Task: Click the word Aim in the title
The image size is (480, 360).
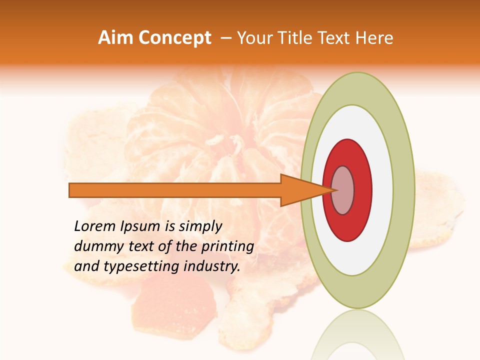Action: (115, 38)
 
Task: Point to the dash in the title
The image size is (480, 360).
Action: (225, 38)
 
